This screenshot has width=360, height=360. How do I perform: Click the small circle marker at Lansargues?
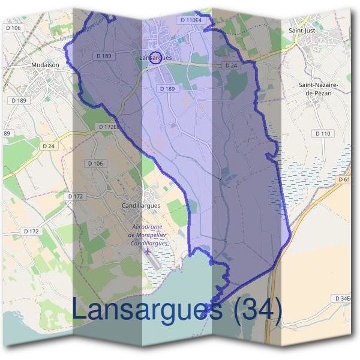(155, 58)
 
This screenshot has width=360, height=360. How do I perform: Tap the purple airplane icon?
(148, 250)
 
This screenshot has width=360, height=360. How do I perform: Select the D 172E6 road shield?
(109, 127)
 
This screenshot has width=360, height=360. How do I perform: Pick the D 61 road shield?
(344, 179)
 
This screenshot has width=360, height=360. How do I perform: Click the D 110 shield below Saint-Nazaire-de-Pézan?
(323, 133)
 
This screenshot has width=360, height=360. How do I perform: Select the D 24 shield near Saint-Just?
(231, 65)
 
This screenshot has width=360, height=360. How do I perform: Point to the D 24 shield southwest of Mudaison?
(49, 146)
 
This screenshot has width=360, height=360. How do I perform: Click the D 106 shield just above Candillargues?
(95, 163)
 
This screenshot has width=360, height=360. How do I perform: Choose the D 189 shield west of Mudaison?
(19, 100)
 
